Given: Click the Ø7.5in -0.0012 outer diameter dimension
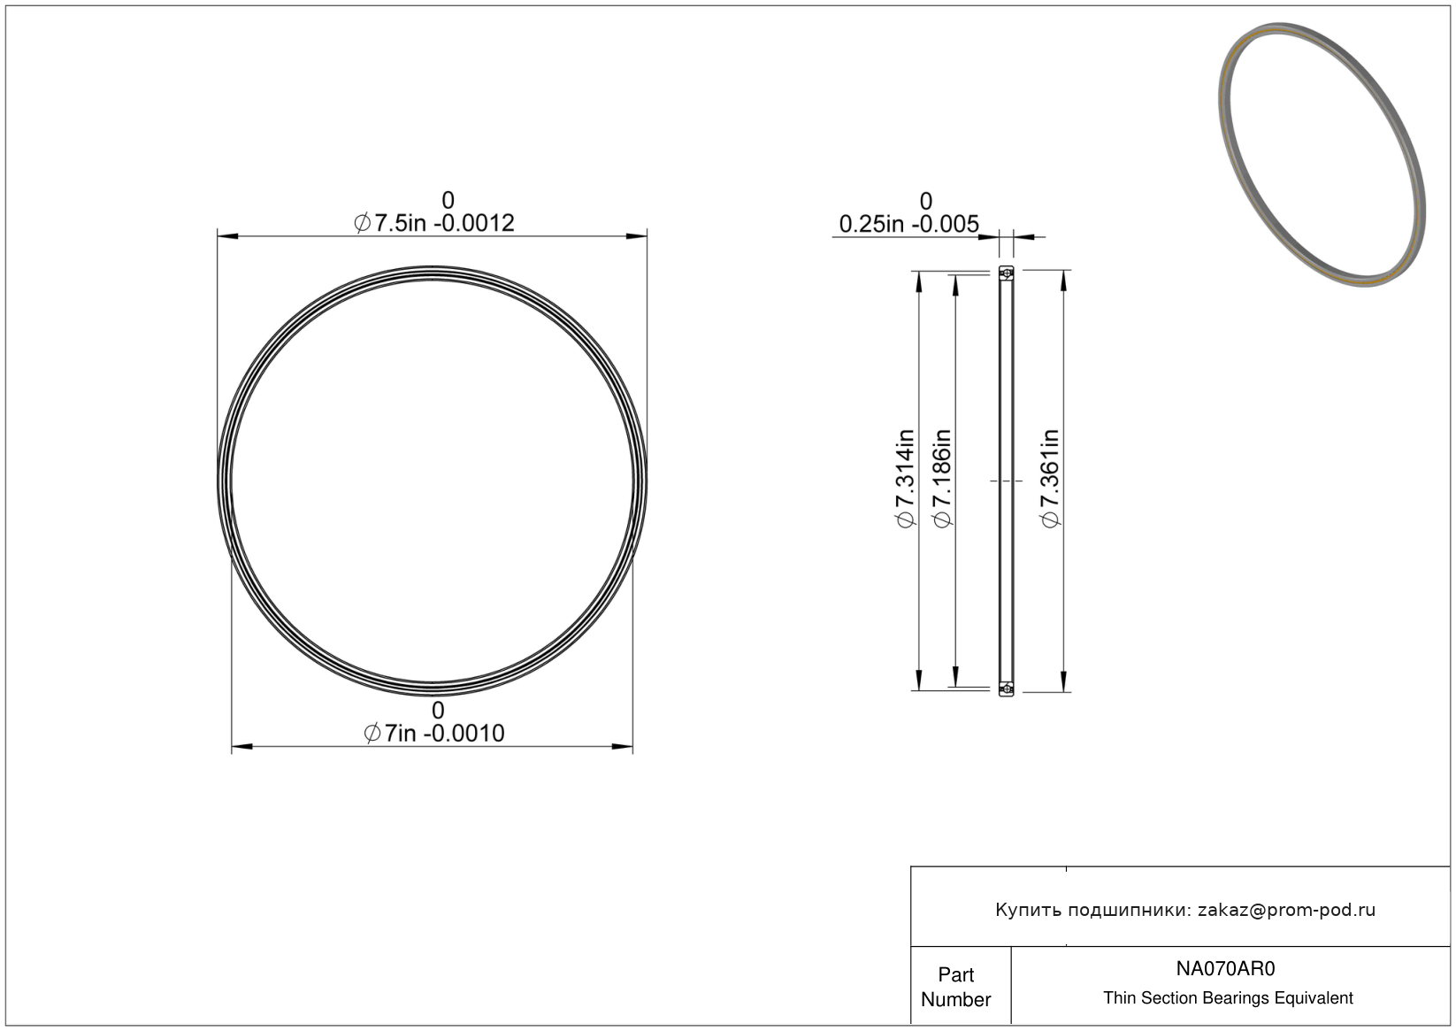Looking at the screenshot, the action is tap(434, 223).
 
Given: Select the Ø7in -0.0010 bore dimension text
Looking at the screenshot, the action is tap(434, 733).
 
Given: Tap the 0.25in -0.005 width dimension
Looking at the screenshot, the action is tap(908, 224).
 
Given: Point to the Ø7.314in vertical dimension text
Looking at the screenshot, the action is tap(906, 479).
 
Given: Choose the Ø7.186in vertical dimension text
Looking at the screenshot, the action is tap(942, 479).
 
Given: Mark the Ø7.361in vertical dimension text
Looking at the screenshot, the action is tap(1050, 479).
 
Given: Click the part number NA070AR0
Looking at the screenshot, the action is tap(1226, 968).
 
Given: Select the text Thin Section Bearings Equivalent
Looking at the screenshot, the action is tap(1228, 998).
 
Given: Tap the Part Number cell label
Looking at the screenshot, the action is tap(956, 987).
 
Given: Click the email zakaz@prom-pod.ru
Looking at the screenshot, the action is tap(1286, 910).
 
